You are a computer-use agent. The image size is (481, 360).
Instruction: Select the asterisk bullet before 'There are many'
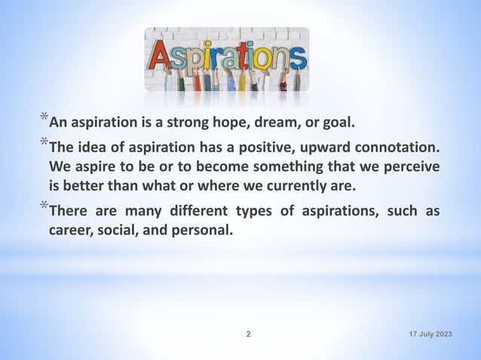coord(44,207)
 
